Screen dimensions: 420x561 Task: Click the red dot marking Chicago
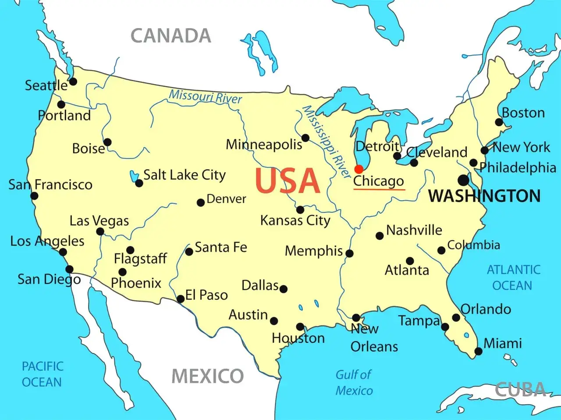(359, 169)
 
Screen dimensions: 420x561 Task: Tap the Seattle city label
(46, 85)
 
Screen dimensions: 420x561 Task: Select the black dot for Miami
(479, 351)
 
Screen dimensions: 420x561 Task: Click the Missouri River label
(205, 96)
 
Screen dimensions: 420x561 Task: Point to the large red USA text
(288, 181)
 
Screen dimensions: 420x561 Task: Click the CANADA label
(171, 36)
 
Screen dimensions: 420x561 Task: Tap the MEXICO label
(207, 376)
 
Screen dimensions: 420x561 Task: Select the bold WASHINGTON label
(484, 196)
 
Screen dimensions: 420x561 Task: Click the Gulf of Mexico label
(354, 382)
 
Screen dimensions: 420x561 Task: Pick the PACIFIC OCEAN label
(43, 374)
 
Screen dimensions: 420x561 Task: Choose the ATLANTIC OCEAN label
(513, 278)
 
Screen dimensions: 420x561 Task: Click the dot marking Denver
(201, 202)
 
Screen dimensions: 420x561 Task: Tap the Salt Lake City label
(185, 175)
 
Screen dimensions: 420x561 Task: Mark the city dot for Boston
(499, 122)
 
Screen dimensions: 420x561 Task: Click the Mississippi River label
(327, 141)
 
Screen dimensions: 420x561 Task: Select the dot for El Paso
(180, 299)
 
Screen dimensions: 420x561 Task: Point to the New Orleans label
(373, 338)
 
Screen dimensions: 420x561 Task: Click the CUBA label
(521, 389)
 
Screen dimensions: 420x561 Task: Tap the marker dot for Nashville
(380, 236)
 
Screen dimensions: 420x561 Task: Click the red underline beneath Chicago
(379, 190)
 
